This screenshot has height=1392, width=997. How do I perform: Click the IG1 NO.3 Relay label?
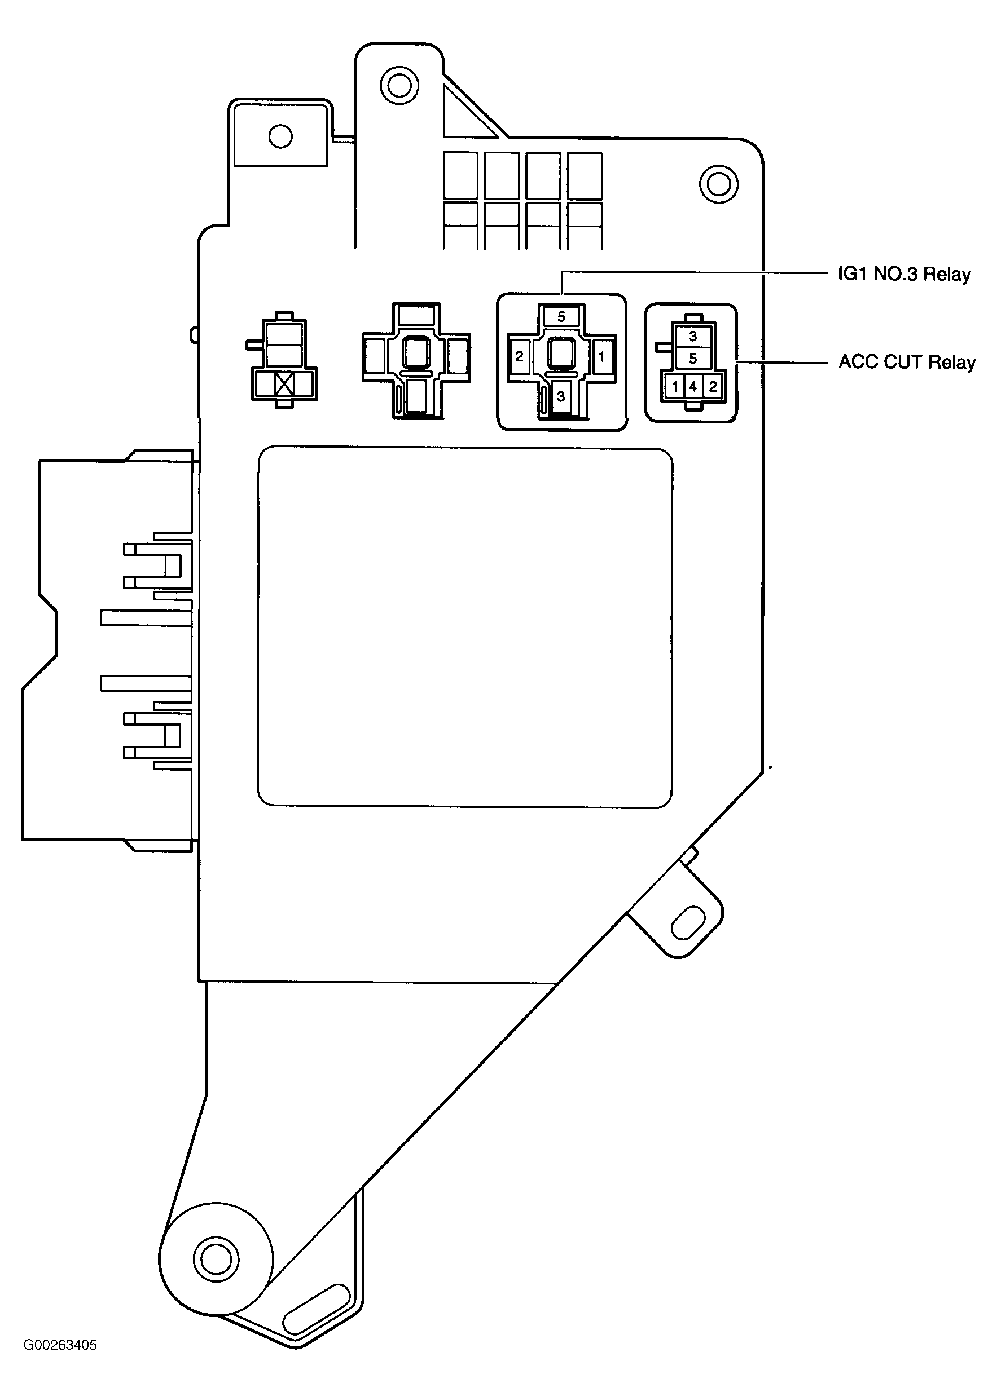click(x=904, y=274)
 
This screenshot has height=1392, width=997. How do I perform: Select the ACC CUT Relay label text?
click(x=907, y=363)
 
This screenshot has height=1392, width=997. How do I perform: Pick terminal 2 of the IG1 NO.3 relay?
click(x=519, y=356)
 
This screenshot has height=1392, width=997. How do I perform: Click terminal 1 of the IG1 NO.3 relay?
click(x=601, y=356)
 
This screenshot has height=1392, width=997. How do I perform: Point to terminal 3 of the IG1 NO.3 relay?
click(x=560, y=397)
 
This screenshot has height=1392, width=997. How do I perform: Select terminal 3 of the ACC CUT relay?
click(x=693, y=336)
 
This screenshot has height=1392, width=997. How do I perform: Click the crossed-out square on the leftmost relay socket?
click(x=284, y=385)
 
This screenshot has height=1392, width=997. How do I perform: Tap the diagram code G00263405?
click(x=60, y=1345)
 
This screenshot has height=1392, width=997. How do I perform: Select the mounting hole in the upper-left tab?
click(x=280, y=136)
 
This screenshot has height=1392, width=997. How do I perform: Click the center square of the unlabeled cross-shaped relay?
click(x=416, y=354)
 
